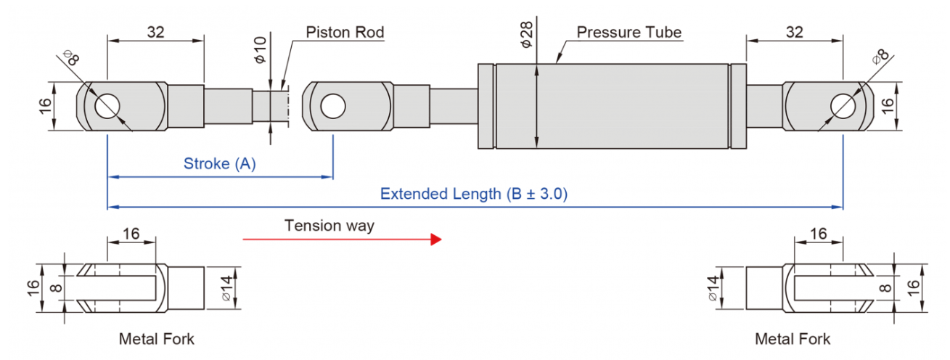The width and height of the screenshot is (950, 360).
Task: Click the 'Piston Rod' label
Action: point(345,32)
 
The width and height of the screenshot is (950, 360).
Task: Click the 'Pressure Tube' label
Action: point(629,32)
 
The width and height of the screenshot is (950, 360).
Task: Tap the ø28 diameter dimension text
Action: point(526,35)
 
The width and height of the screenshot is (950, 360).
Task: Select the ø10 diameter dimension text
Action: point(261,50)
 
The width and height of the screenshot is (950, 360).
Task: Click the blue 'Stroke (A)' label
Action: point(220,164)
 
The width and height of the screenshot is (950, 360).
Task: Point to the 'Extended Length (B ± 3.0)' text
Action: point(474,194)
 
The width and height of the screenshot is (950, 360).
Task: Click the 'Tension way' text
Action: point(329,226)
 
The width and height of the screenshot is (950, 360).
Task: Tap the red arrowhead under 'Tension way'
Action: point(436,240)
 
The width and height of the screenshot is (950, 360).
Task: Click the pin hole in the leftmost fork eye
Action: point(107,106)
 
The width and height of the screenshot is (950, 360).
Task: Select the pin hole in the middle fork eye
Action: point(333,106)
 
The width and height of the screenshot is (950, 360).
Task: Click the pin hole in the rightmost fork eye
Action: point(843,106)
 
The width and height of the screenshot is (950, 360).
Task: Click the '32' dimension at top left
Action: point(155,32)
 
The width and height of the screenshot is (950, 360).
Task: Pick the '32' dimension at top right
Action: point(795,32)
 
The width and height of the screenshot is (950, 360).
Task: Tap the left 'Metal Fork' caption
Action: point(157,339)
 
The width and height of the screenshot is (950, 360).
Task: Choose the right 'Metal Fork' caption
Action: point(793,339)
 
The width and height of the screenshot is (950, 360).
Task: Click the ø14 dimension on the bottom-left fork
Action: point(227,288)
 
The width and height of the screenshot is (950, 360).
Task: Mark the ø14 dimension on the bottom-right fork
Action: point(713,288)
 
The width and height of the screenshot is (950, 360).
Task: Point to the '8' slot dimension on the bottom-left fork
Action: point(56,288)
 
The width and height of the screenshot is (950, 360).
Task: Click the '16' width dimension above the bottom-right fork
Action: point(819,234)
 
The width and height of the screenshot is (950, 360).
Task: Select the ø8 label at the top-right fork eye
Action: point(881,57)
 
